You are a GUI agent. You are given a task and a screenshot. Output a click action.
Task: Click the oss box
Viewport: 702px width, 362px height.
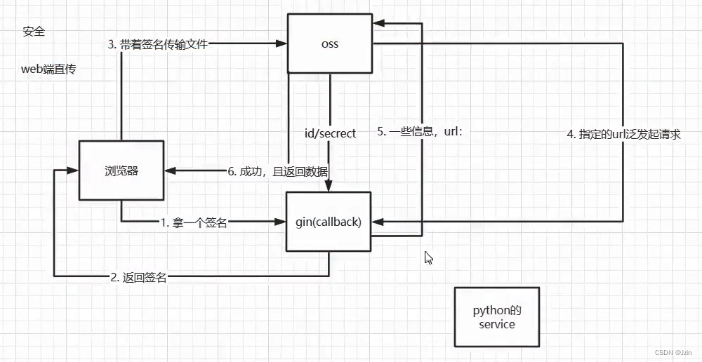329,43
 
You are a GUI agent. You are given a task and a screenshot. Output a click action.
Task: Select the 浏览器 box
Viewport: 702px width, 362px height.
121,170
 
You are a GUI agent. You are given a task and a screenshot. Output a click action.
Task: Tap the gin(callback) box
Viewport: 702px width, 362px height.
329,222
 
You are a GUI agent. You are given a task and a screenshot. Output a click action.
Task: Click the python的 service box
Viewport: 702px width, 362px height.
496,317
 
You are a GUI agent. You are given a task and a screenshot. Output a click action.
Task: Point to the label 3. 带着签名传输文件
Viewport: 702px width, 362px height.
158,43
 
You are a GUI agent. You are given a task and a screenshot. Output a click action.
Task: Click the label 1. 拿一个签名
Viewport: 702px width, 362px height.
194,222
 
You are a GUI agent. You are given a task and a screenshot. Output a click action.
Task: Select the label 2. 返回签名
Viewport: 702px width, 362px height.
138,277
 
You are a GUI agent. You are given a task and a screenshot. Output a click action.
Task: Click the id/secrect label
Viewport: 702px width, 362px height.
329,133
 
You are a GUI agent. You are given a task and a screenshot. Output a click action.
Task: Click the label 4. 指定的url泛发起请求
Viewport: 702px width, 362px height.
623,134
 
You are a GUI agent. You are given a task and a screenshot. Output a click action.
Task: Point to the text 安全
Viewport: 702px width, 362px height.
34,32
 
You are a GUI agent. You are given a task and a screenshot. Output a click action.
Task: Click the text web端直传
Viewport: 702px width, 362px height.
48,70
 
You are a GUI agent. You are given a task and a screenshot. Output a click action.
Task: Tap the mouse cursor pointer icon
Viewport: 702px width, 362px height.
428,257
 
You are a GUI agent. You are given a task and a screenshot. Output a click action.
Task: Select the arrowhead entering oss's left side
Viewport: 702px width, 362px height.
282,43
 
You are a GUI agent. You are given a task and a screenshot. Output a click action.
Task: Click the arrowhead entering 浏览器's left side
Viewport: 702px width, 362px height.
73,170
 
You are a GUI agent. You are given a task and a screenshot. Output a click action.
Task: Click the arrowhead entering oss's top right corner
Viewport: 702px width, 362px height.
377,23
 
